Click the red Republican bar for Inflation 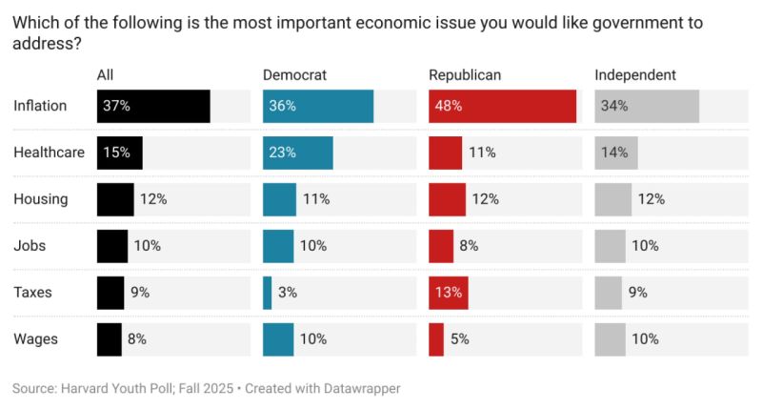pos(502,106)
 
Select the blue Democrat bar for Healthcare pos(298,153)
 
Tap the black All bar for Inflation pos(153,106)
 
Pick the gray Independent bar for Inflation pos(647,106)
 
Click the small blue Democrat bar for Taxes pos(268,293)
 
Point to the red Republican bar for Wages pos(436,339)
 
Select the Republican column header pos(465,74)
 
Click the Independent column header pos(635,74)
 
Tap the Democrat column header pos(295,74)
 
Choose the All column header pos(106,74)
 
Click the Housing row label pos(41,199)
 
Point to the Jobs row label pos(30,246)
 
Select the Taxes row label pos(32,293)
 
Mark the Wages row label pos(35,339)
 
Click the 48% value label pos(449,106)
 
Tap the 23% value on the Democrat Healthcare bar pos(283,153)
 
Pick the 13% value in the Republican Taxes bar pos(449,293)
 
